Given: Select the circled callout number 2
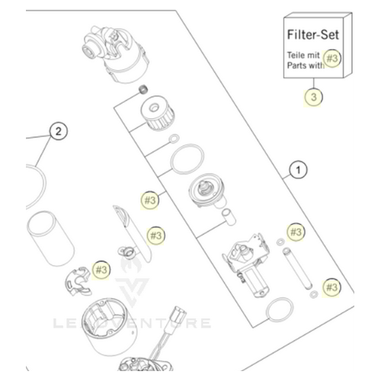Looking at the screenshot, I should pyautogui.click(x=56, y=130).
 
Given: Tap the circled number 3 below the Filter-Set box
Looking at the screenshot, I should pyautogui.click(x=313, y=97).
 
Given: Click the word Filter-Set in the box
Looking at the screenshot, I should pyautogui.click(x=312, y=35).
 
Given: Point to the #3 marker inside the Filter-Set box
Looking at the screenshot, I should pyautogui.click(x=331, y=58).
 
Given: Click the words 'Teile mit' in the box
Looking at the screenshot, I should pyautogui.click(x=303, y=56).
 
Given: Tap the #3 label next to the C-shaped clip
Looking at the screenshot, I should pyautogui.click(x=101, y=268).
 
